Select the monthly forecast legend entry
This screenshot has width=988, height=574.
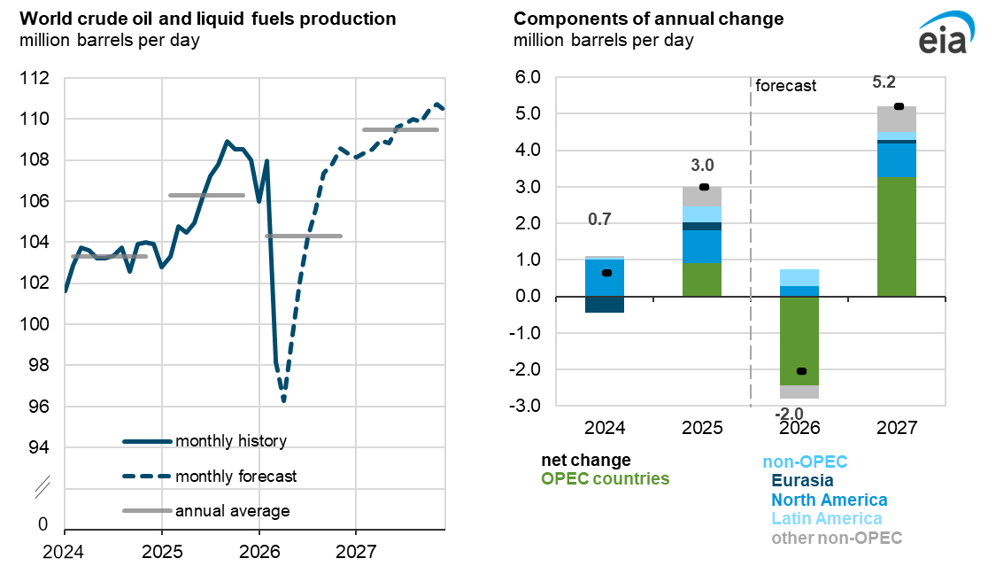tap(235, 477)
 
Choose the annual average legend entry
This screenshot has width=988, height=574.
tap(232, 510)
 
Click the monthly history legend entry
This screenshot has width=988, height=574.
tap(231, 441)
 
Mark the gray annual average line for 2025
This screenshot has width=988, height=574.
tap(206, 195)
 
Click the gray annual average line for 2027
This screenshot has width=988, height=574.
tap(400, 129)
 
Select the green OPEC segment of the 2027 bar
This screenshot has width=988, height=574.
tap(897, 237)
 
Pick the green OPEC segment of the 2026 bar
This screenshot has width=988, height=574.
tap(799, 341)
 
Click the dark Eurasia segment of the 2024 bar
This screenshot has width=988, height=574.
tap(606, 304)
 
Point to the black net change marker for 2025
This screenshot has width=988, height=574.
tap(704, 187)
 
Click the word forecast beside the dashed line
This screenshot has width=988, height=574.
tap(785, 86)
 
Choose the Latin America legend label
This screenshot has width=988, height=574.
tap(825, 519)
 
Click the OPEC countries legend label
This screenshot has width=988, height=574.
tap(606, 479)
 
